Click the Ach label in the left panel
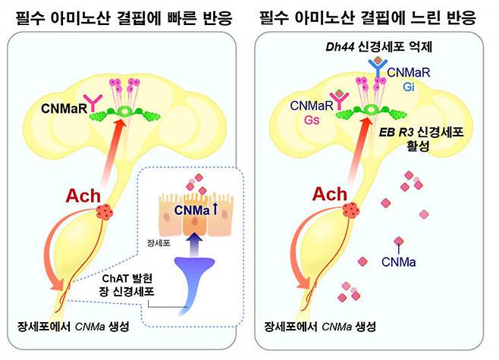click(x=83, y=196)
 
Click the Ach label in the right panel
click(x=329, y=194)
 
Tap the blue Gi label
click(x=409, y=86)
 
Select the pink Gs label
click(x=312, y=120)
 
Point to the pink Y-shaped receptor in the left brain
click(x=93, y=102)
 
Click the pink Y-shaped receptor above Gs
click(x=339, y=100)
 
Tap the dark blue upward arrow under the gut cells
click(x=194, y=245)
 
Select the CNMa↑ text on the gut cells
click(x=196, y=210)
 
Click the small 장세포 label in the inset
click(x=158, y=243)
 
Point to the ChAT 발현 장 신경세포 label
click(x=127, y=285)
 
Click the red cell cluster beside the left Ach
click(x=104, y=211)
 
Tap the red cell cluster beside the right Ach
click(x=350, y=210)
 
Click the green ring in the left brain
click(x=124, y=111)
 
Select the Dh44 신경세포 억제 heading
click(x=378, y=47)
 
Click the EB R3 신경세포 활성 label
click(x=421, y=139)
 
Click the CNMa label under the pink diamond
click(x=398, y=262)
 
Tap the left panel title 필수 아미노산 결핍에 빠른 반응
click(x=124, y=17)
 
